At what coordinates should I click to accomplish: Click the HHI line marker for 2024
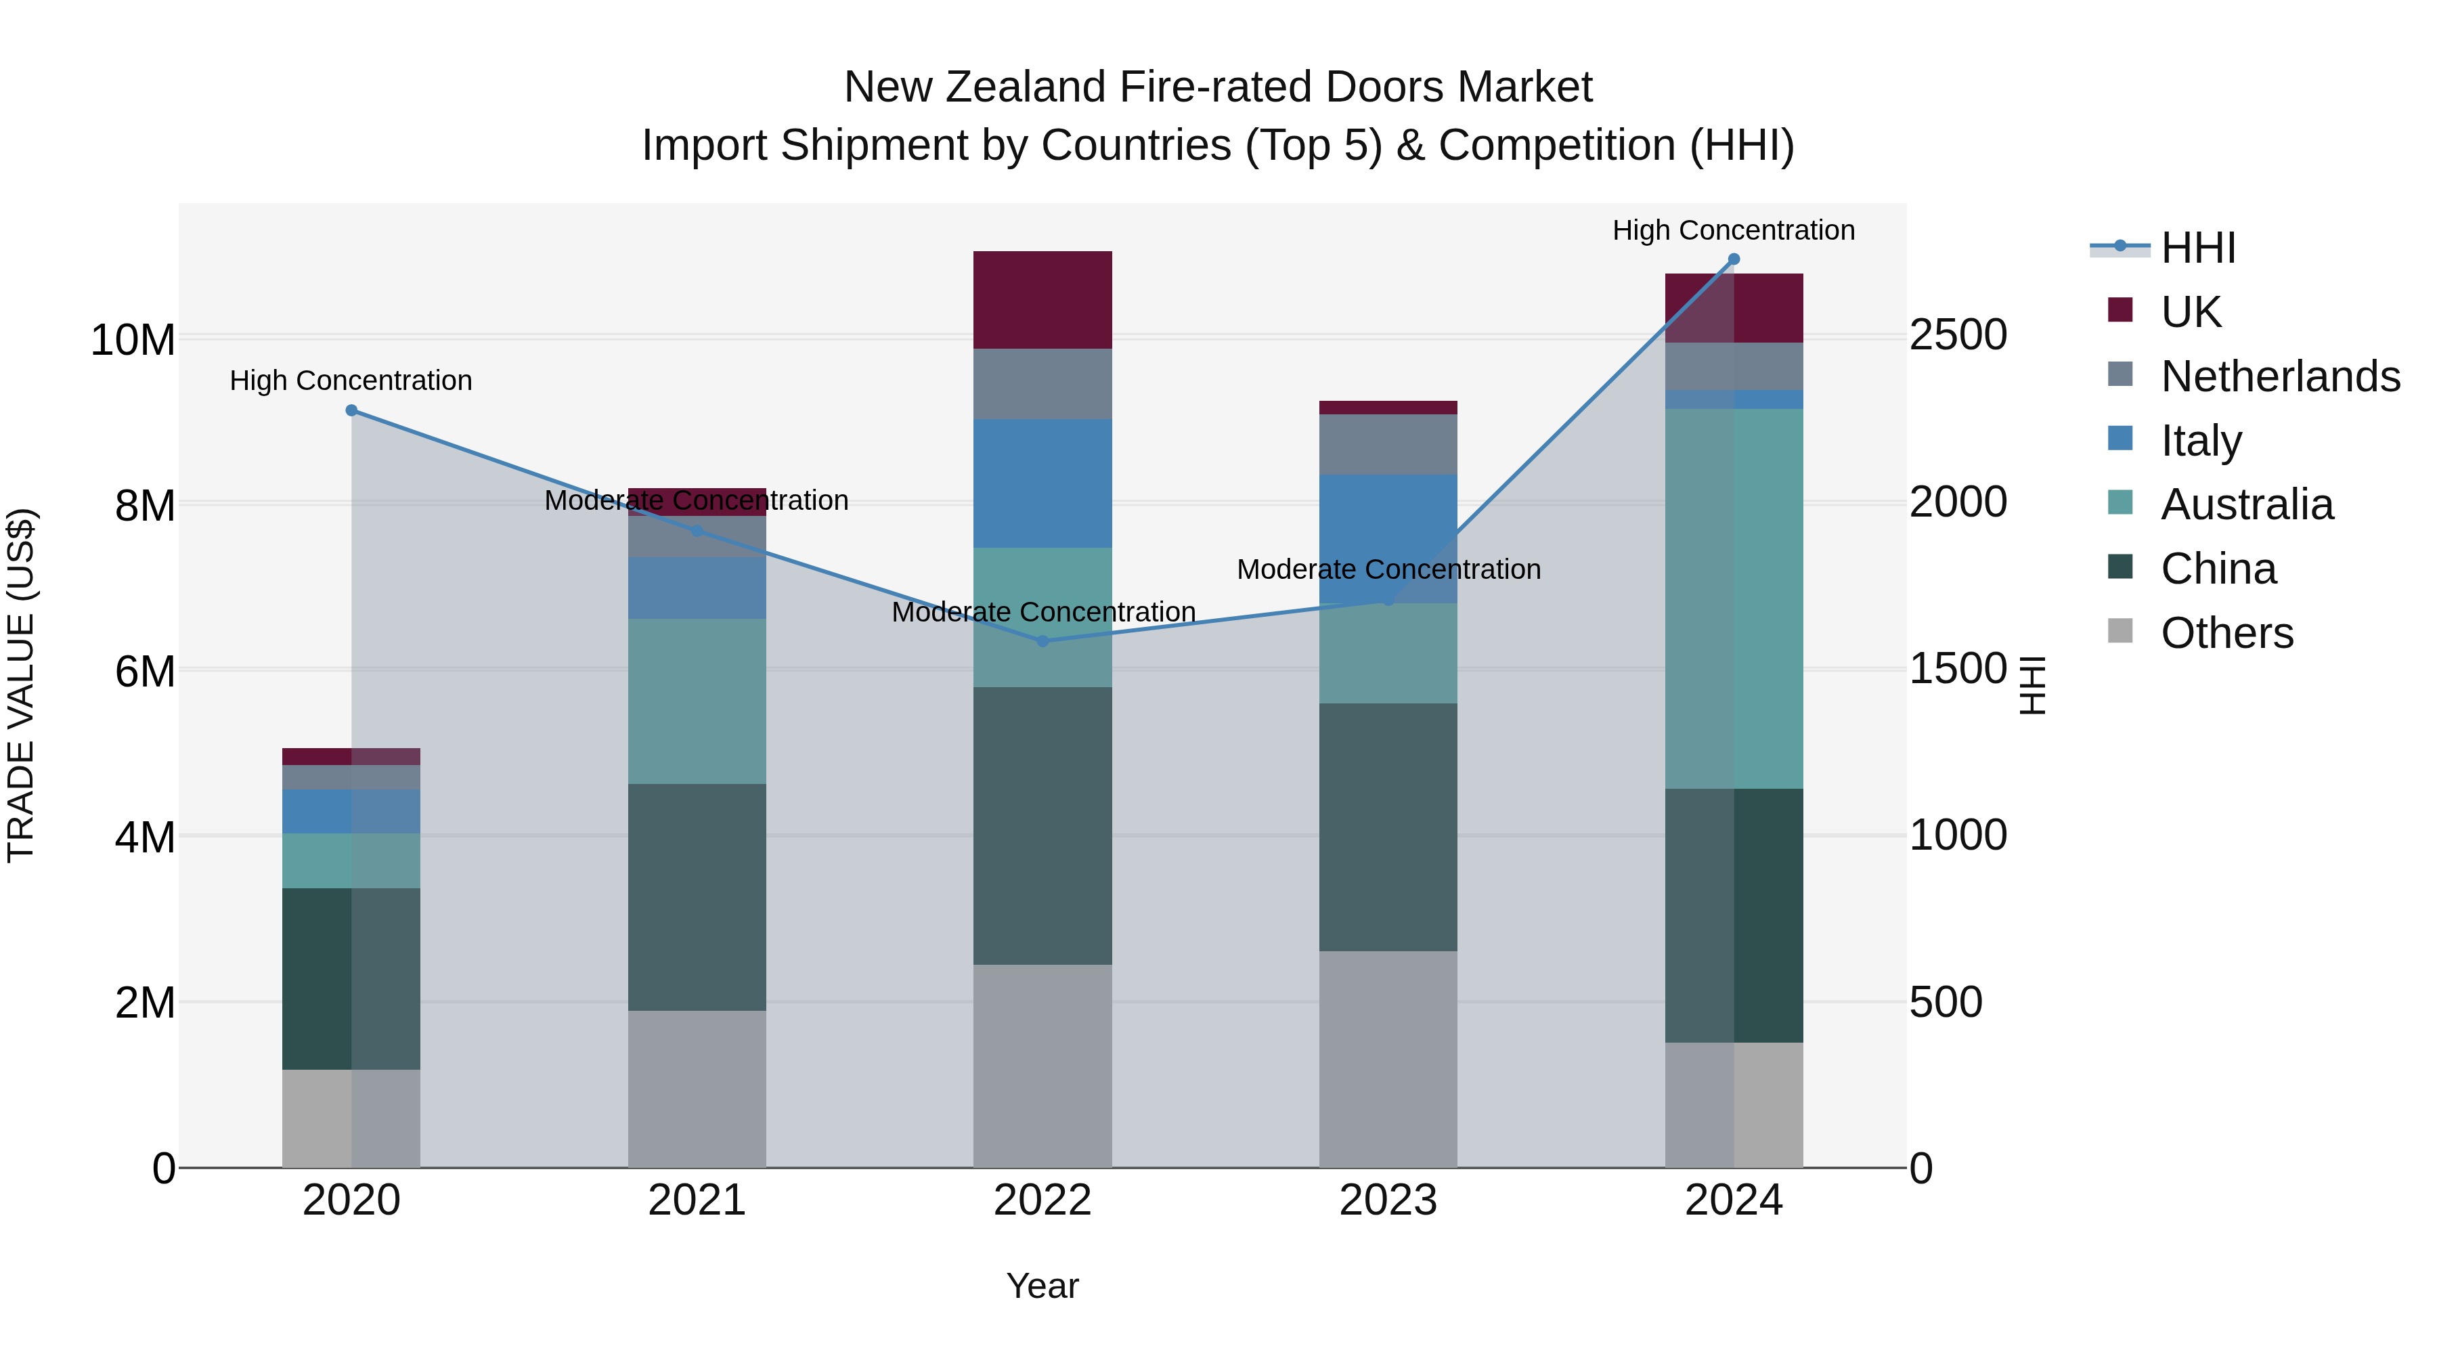[1733, 259]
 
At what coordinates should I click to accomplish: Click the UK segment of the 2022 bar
[1042, 300]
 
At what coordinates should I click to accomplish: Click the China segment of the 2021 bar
[697, 897]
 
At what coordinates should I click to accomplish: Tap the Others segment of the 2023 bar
[1388, 1059]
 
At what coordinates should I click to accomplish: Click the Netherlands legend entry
[2280, 376]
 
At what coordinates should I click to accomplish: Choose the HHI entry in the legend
[2197, 248]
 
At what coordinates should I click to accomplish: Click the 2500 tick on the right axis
[1957, 335]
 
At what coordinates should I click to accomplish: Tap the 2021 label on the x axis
[697, 1200]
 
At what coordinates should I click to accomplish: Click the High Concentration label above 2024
[1733, 230]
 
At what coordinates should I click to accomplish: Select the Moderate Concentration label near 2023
[1388, 569]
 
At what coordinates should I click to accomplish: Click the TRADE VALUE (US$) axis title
[21, 685]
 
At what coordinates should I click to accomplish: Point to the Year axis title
[1042, 1286]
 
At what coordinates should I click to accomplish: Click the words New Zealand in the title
[975, 87]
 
